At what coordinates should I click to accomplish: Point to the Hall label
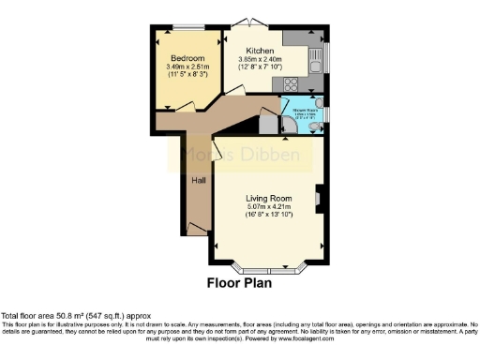tap(199, 180)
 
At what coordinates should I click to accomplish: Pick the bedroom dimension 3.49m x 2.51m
tap(187, 67)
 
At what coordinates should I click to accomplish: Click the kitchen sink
tap(319, 59)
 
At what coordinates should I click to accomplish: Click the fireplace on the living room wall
tap(320, 198)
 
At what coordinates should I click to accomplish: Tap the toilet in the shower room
tap(318, 103)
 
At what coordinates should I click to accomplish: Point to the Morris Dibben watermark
tap(240, 157)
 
